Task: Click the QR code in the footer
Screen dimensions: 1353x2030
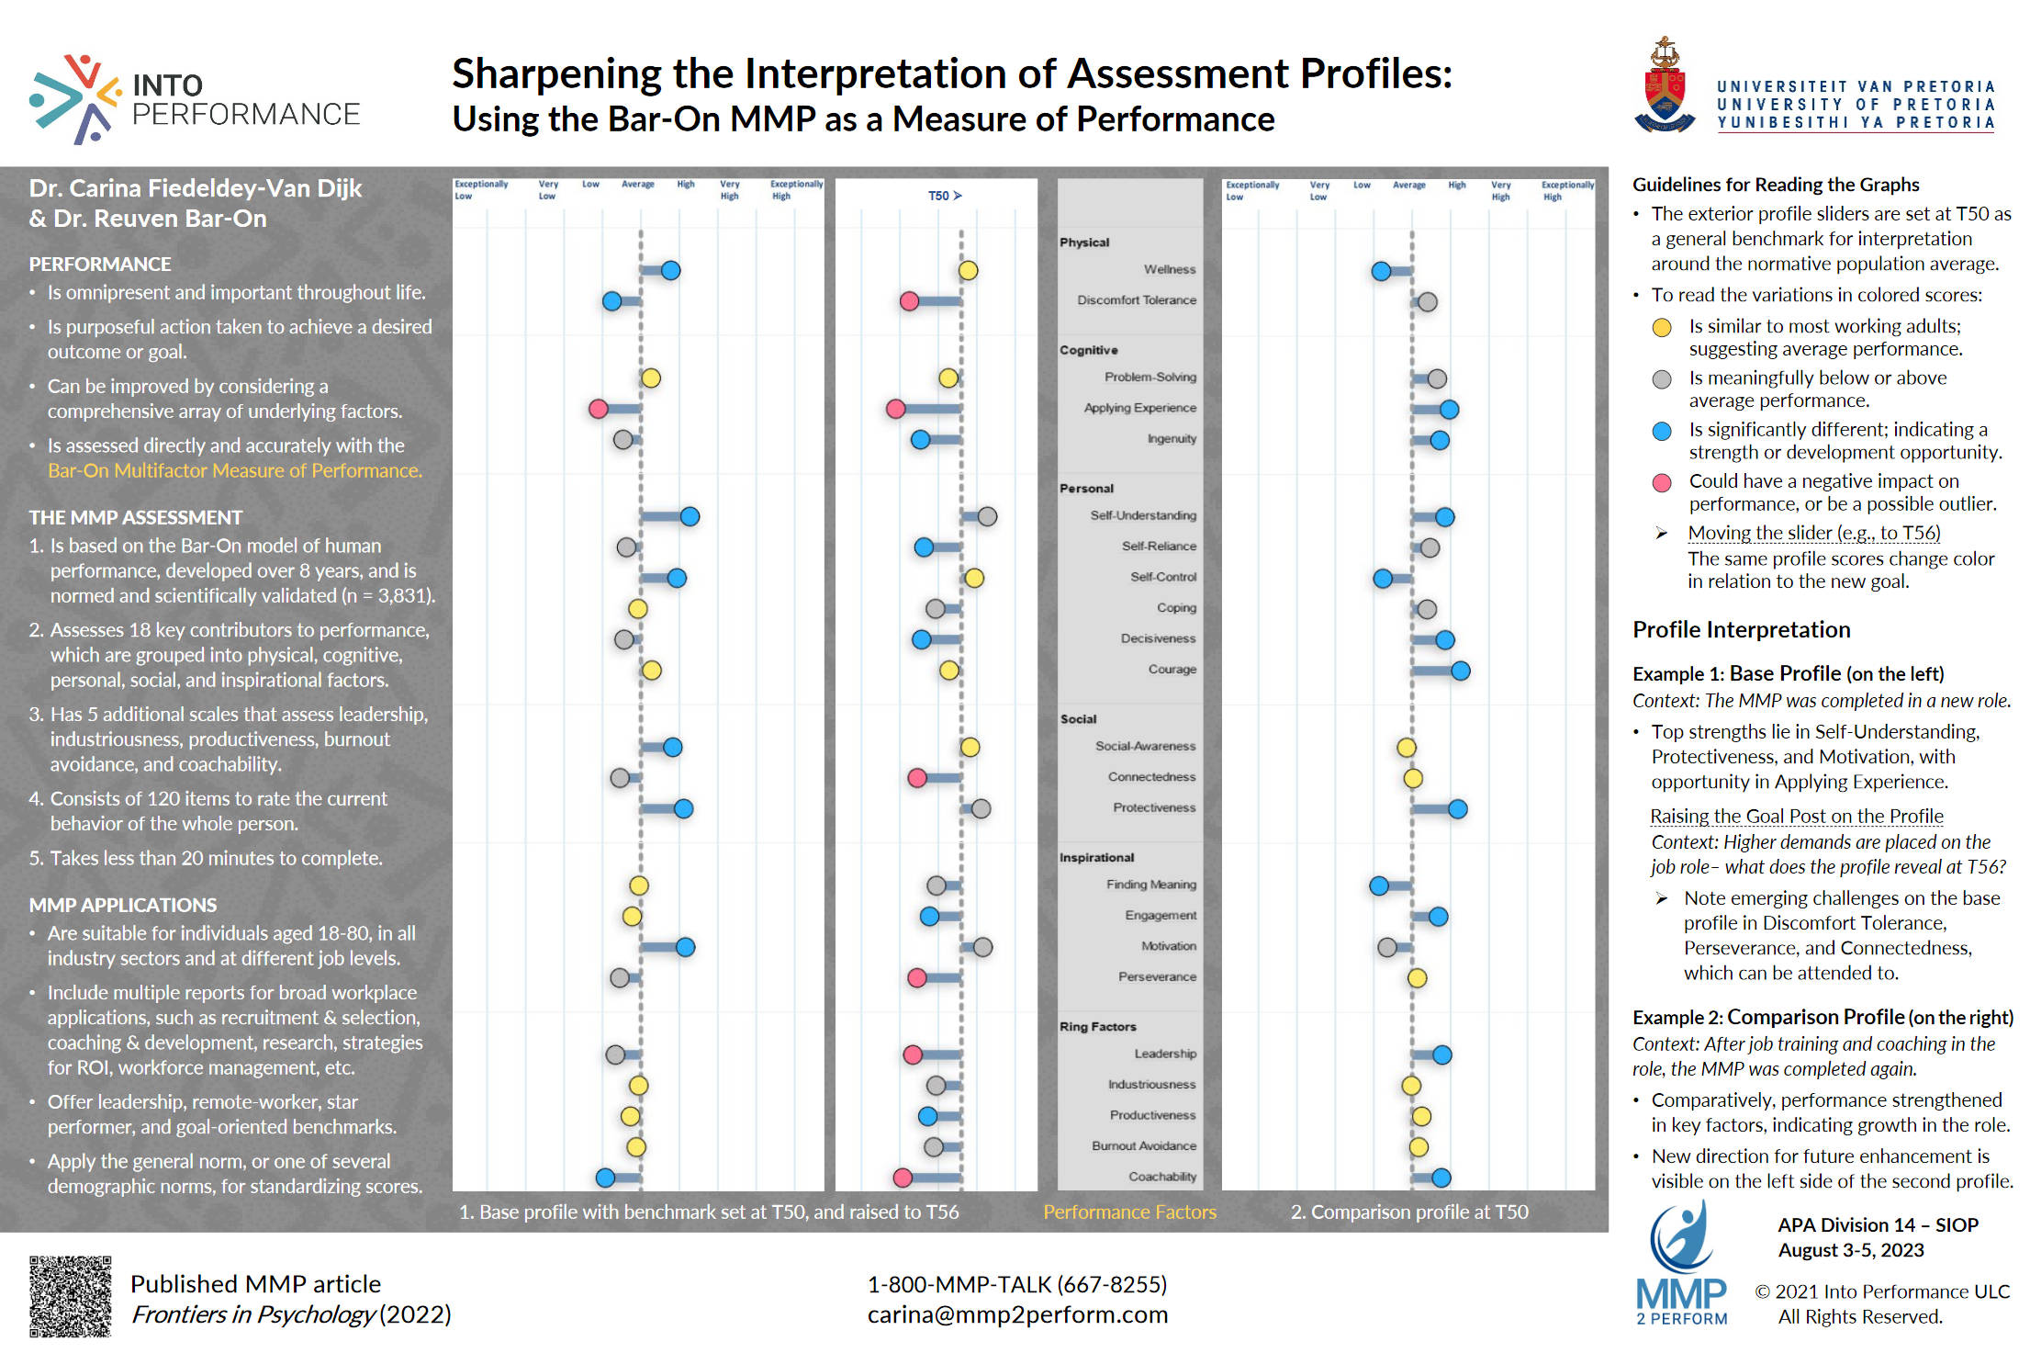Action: pos(70,1296)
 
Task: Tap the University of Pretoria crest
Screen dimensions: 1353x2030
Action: pos(1665,86)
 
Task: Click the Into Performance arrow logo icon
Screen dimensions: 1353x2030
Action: pos(75,98)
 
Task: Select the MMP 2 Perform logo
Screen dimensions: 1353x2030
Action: pos(1681,1266)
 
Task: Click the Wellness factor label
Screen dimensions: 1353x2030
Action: pos(1169,269)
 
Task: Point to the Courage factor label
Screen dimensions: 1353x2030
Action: pos(1172,670)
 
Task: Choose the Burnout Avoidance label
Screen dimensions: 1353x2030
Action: pos(1143,1146)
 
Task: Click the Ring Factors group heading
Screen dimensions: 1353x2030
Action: pos(1097,1027)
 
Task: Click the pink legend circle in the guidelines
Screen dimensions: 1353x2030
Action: pos(1661,483)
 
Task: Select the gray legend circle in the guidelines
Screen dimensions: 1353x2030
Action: pos(1661,379)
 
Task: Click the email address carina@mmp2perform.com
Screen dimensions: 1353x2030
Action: pos(1017,1315)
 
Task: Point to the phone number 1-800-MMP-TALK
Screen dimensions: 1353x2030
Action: pos(1017,1284)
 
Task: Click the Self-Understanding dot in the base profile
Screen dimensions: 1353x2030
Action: pos(690,517)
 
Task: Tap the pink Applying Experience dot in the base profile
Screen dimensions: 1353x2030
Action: pos(598,409)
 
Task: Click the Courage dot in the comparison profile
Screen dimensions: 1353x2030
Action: pos(1460,671)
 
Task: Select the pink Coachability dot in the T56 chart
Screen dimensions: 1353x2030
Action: pos(903,1178)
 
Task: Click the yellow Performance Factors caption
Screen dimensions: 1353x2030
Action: pos(1129,1212)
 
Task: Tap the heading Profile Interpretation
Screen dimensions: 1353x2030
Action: pos(1741,630)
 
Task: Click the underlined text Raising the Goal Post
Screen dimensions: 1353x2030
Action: pos(1796,817)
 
